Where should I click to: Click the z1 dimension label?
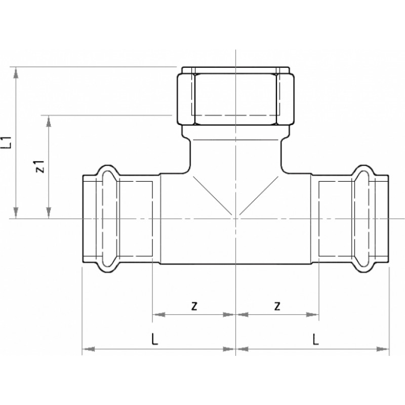pyautogui.click(x=40, y=166)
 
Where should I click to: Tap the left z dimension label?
pyautogui.click(x=194, y=306)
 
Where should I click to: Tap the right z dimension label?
pyautogui.click(x=277, y=306)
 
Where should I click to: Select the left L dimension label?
pyautogui.click(x=154, y=339)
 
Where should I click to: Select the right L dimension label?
pyautogui.click(x=315, y=339)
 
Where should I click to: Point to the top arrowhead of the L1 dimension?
pyautogui.click(x=16, y=72)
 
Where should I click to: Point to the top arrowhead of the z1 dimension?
pyautogui.click(x=48, y=121)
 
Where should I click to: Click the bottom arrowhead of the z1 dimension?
pyautogui.click(x=48, y=213)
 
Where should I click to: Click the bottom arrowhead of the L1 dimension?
pyautogui.click(x=16, y=213)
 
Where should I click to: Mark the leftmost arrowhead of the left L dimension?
pyautogui.click(x=88, y=349)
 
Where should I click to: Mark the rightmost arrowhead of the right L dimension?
pyautogui.click(x=383, y=349)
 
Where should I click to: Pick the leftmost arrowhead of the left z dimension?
pyautogui.click(x=158, y=314)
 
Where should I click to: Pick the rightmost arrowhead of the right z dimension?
pyautogui.click(x=312, y=314)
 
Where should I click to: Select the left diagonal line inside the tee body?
pyautogui.click(x=212, y=195)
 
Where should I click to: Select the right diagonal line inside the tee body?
pyautogui.click(x=259, y=195)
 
